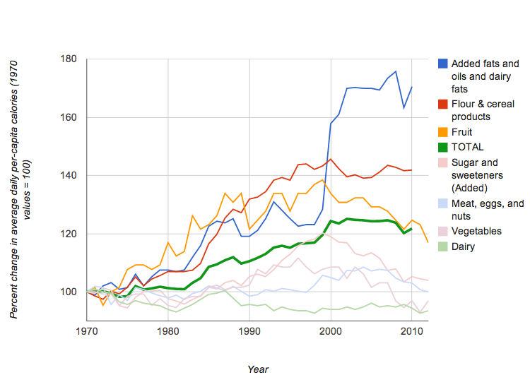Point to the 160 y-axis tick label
pos(69,117)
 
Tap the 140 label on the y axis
pos(69,175)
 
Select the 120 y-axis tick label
pos(69,234)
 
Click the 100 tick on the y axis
pos(69,292)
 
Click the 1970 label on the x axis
pos(87,331)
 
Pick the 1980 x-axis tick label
pos(168,331)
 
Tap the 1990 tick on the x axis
pos(249,331)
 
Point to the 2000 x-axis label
pos(331,331)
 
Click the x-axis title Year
pos(258,369)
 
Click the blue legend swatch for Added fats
pos(442,64)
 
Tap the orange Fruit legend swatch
pos(442,132)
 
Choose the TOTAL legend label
pos(468,147)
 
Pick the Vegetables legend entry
pos(476,231)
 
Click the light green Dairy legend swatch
pos(442,246)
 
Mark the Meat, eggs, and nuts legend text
pos(486,210)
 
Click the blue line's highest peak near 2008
pos(396,71)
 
